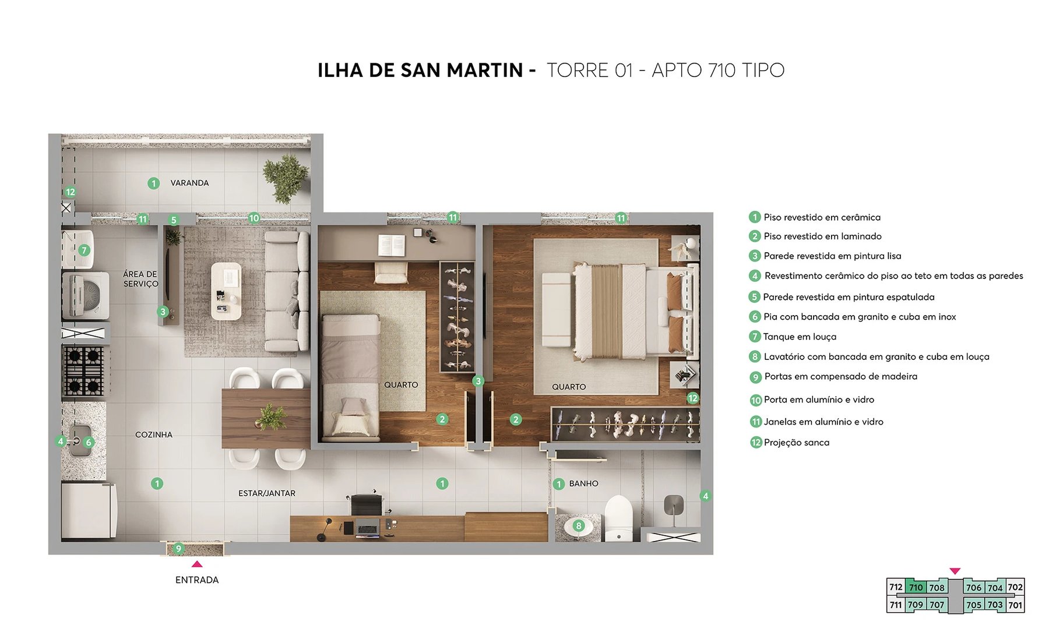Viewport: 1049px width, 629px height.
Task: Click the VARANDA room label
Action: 189,183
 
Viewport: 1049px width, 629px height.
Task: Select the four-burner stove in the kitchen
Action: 84,371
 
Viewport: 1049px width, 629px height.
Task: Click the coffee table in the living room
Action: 226,290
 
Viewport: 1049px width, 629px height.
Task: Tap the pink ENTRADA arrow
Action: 197,564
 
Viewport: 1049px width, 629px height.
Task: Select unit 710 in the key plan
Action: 916,587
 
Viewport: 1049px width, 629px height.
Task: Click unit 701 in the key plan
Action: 1015,605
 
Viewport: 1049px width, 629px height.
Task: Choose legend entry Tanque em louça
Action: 800,337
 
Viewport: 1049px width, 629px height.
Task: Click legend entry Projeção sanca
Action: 796,443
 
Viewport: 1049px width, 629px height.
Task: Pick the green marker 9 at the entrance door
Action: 179,548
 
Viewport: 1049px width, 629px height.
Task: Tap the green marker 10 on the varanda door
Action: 254,218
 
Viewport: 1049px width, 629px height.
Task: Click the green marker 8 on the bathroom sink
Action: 578,525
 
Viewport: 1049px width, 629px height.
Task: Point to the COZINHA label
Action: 154,434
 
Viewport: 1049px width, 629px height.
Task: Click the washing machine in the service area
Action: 86,295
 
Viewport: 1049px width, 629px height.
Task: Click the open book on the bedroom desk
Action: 392,244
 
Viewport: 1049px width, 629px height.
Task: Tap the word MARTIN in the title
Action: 485,70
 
